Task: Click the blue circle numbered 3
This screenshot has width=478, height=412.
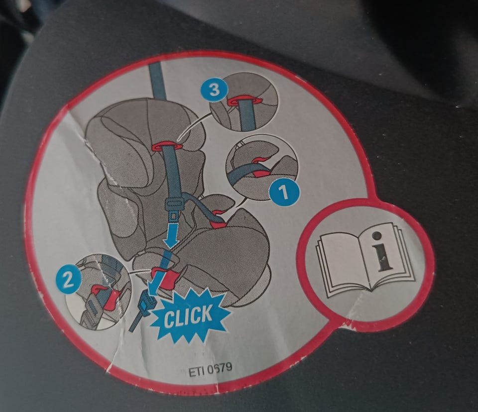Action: click(x=214, y=90)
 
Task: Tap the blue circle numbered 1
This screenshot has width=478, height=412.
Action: click(x=284, y=192)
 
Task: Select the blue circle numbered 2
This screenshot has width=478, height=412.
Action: click(x=68, y=280)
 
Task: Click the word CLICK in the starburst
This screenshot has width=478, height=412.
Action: click(x=188, y=315)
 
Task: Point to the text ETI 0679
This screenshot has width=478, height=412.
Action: click(x=210, y=369)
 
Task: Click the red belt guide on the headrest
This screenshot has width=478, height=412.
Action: click(x=166, y=146)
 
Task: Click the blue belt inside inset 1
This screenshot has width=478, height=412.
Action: click(x=244, y=172)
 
